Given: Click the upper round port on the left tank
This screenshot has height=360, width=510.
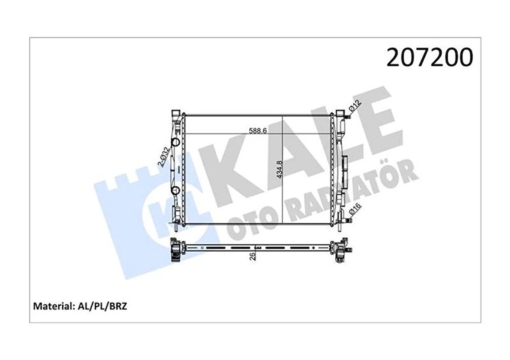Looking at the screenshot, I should click(176, 143).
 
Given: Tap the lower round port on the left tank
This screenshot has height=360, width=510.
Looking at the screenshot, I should click(176, 191).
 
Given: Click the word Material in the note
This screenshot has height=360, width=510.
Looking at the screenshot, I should click(51, 306).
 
